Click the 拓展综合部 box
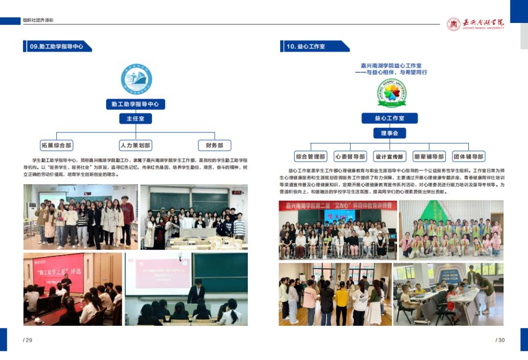pos(56,145)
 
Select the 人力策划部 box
pos(135,145)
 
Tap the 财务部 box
pos(214,145)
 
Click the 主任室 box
pos(135,119)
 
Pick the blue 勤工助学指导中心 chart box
pos(135,104)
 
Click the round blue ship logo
pos(136,79)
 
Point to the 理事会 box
pos(389,133)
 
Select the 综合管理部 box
pos(310,156)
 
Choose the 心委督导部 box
pos(350,156)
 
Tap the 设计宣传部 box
pos(389,156)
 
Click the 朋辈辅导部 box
pos(429,156)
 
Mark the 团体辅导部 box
pos(468,156)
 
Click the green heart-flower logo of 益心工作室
pos(391,93)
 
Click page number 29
pos(27,340)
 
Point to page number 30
pos(500,340)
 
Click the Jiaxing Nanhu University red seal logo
pos(454,24)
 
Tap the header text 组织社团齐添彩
pos(38,21)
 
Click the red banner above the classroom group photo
pos(337,205)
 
